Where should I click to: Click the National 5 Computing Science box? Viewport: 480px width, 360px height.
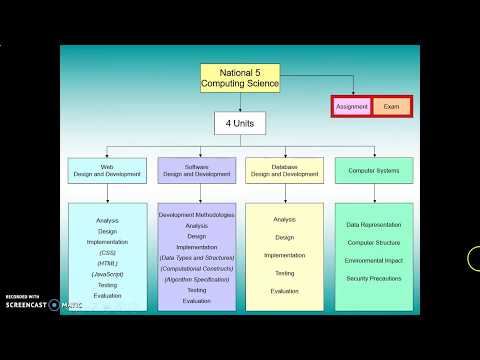240,78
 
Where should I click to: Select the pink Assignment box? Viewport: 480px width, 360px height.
352,106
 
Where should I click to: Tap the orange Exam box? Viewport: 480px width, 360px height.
391,106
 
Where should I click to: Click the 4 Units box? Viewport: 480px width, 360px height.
240,123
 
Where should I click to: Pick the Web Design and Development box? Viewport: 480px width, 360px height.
107,171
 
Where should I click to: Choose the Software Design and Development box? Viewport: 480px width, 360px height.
196,171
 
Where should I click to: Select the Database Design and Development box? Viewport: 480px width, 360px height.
284,171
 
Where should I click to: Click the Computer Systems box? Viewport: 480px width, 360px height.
374,171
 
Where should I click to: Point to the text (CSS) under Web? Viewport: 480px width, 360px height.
107,253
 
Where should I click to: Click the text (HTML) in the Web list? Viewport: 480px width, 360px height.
107,263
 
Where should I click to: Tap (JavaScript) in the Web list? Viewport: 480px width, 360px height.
107,274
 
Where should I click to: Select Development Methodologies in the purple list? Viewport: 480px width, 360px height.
196,215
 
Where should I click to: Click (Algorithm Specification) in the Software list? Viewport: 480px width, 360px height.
196,279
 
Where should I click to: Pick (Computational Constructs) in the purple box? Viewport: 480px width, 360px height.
196,269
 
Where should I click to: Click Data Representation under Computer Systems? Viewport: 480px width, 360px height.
374,225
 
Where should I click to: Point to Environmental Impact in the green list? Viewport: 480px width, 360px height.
374,259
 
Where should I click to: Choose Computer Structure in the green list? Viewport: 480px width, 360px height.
374,242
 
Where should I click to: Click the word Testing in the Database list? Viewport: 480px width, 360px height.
284,273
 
